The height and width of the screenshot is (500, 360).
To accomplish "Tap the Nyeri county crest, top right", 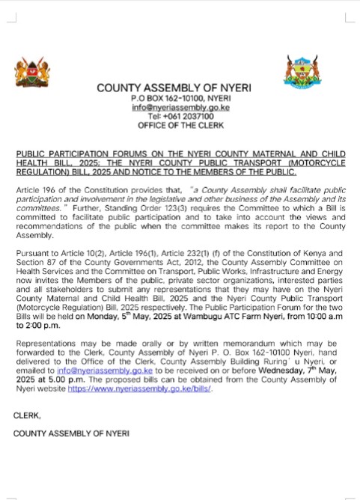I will coord(302,73).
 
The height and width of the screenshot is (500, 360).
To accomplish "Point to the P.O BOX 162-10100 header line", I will coord(180,99).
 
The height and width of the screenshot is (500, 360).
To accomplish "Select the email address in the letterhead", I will coord(180,108).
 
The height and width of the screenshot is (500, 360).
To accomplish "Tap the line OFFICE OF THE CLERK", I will coord(180,126).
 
